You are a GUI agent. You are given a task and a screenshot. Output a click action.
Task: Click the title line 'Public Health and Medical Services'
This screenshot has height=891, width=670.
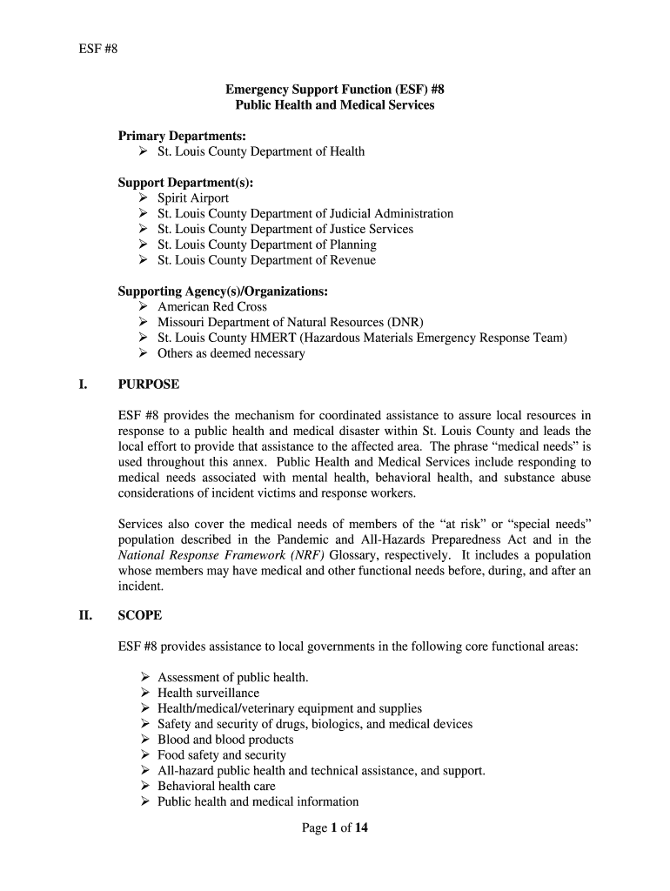point(335,105)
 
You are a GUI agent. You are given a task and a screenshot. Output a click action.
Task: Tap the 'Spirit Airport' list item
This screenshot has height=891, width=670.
point(193,198)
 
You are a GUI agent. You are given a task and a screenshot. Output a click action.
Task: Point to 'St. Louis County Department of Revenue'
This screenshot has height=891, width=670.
point(266,260)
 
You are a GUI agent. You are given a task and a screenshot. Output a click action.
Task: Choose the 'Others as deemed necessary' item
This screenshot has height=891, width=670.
point(231,354)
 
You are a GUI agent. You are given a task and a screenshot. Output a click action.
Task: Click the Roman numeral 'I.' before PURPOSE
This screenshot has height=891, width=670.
point(84,385)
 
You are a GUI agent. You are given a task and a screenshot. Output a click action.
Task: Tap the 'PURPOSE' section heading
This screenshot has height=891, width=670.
point(149,385)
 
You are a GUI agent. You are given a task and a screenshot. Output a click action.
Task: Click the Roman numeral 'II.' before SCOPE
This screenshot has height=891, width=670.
point(85,616)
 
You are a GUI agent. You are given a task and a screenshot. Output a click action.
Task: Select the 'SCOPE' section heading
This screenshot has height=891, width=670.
point(140,616)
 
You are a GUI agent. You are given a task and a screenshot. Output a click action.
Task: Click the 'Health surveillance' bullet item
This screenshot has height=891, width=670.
point(208,693)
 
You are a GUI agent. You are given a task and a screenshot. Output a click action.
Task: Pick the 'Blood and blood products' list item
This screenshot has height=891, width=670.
point(225,740)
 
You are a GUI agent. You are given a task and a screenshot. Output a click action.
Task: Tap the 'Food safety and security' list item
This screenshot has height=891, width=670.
point(221,755)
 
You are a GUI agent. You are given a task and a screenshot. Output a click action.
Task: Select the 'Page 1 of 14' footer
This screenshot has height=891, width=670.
point(335,828)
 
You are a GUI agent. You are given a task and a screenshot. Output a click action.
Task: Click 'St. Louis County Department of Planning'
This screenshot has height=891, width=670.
point(266,245)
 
